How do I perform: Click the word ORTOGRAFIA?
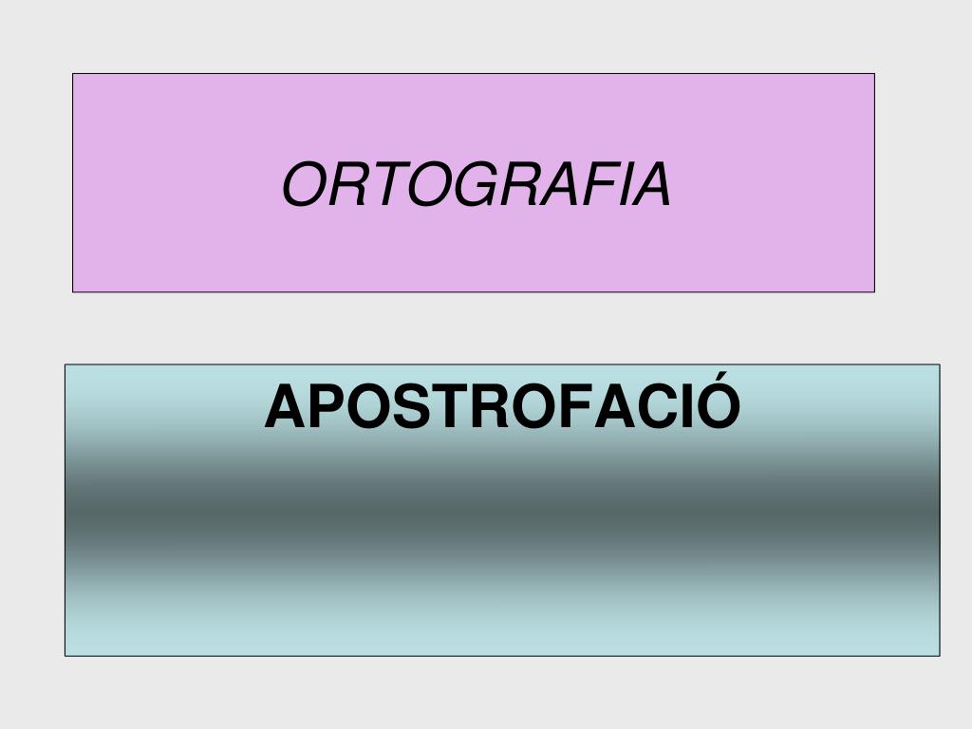[x=477, y=184]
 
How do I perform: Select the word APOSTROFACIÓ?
[x=502, y=407]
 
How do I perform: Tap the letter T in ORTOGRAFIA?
[x=377, y=184]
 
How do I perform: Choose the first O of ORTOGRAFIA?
[x=304, y=184]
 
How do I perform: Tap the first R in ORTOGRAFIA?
[x=343, y=184]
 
